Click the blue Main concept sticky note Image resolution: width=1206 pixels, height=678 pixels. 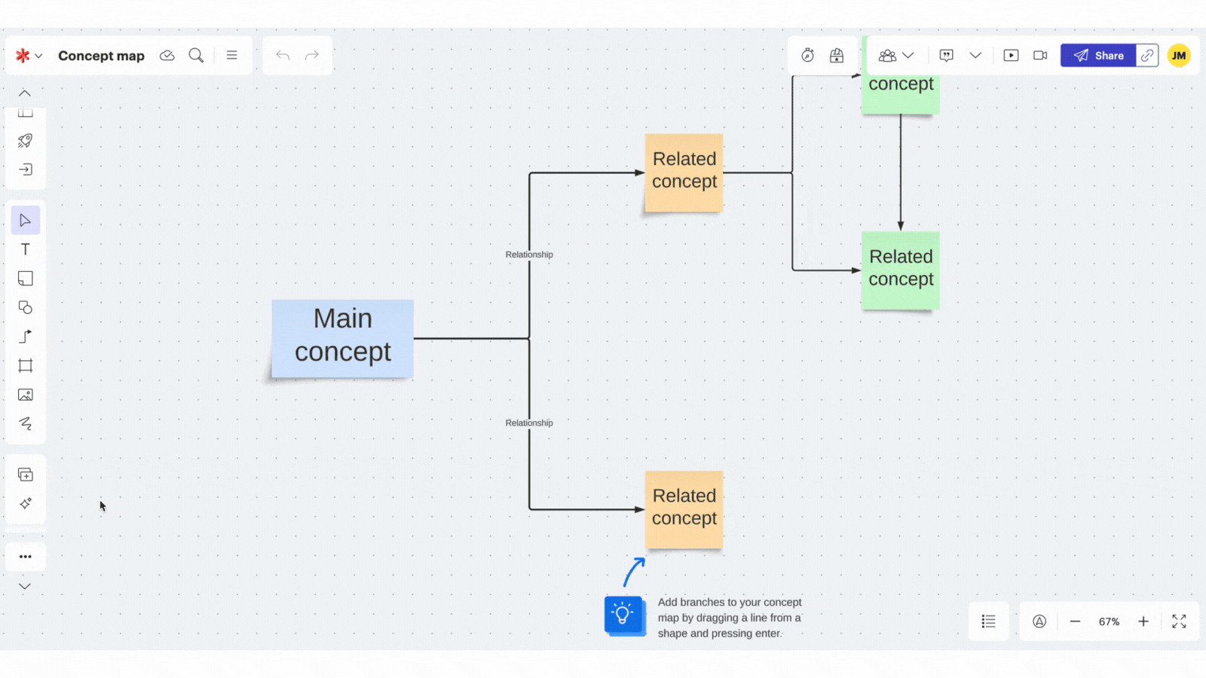click(342, 338)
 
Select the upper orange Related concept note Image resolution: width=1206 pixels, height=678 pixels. click(684, 173)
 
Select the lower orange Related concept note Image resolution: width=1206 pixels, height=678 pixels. click(684, 509)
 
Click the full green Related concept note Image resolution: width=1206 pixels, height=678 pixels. click(900, 270)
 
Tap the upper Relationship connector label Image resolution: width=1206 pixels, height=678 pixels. click(529, 255)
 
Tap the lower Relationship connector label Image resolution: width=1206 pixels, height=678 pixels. click(529, 423)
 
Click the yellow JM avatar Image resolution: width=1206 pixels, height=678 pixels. click(1178, 56)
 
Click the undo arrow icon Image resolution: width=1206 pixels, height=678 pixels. click(283, 56)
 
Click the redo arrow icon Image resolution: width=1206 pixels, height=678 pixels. click(312, 56)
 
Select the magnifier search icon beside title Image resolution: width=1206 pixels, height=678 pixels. click(196, 56)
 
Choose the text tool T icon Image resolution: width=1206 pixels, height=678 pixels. click(26, 249)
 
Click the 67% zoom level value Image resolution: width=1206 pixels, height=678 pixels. click(1109, 621)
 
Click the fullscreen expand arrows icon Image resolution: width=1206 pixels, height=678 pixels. click(1179, 621)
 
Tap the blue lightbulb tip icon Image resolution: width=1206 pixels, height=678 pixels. click(623, 615)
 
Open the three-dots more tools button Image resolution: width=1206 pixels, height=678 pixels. click(26, 557)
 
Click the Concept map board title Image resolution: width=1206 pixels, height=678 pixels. click(101, 56)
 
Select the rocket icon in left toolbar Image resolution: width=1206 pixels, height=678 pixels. click(26, 141)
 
